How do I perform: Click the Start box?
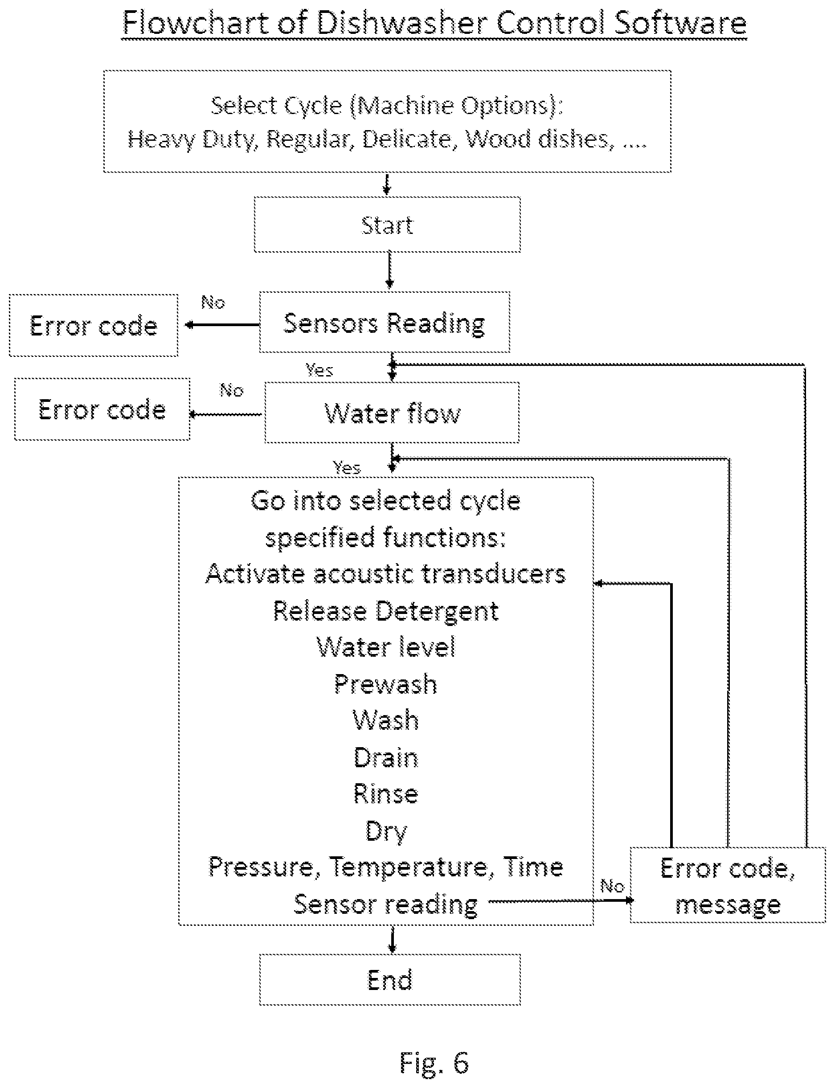pyautogui.click(x=387, y=225)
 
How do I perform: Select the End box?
pyautogui.click(x=390, y=979)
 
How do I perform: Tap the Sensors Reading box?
pyautogui.click(x=384, y=322)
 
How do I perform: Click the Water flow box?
pyautogui.click(x=392, y=413)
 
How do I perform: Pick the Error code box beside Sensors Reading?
pyautogui.click(x=94, y=326)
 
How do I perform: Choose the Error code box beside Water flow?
pyautogui.click(x=102, y=409)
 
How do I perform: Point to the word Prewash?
pyautogui.click(x=386, y=684)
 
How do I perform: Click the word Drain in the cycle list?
pyautogui.click(x=386, y=758)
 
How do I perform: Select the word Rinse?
pyautogui.click(x=386, y=794)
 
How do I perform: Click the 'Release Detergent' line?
pyautogui.click(x=386, y=611)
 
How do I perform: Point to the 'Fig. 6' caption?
pyautogui.click(x=434, y=1062)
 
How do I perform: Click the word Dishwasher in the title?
pyautogui.click(x=403, y=22)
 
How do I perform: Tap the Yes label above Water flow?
pyautogui.click(x=319, y=370)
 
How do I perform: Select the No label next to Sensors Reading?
pyautogui.click(x=213, y=302)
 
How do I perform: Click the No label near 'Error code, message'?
pyautogui.click(x=612, y=885)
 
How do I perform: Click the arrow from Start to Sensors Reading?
pyautogui.click(x=390, y=270)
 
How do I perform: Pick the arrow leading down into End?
pyautogui.click(x=392, y=939)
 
